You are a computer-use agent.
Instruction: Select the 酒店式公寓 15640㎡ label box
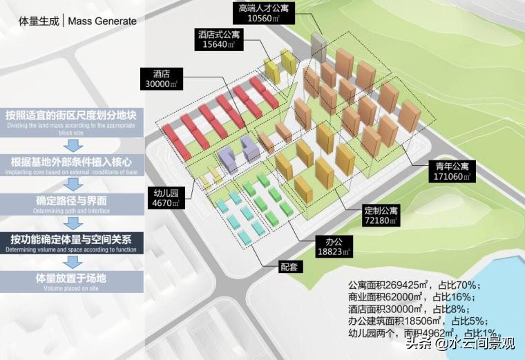[216, 39]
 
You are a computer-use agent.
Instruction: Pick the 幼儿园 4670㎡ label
[165, 197]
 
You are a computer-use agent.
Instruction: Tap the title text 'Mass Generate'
[103, 21]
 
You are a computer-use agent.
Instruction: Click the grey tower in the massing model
[318, 46]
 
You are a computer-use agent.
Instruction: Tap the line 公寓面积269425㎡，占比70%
[414, 285]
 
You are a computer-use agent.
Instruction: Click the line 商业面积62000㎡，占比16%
[414, 297]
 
